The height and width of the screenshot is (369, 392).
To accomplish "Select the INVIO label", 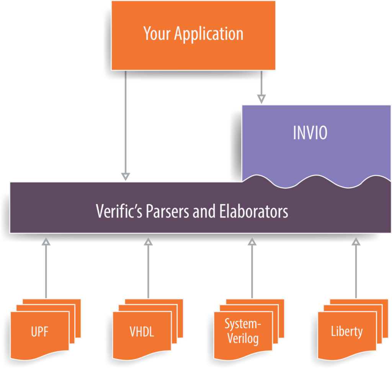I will [310, 133].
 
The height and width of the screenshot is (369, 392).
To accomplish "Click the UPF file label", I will [40, 332].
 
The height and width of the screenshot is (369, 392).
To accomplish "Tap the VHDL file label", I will [142, 332].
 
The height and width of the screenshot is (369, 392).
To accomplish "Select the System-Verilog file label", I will [243, 331].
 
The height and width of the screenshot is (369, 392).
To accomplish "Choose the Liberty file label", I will [346, 331].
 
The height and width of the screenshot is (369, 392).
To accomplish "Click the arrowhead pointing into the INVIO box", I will [261, 100].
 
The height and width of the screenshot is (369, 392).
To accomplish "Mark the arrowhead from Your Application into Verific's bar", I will [126, 177].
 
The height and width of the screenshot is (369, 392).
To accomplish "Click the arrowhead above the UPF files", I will [46, 242].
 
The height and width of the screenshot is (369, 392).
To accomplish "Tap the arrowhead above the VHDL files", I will [148, 242].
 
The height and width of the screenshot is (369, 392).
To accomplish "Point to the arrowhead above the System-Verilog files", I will [252, 242].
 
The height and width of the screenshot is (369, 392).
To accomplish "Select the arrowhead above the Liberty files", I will [356, 242].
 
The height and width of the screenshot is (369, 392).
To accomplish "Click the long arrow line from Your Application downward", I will [126, 123].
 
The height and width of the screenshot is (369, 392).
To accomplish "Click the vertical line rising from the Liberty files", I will [356, 272].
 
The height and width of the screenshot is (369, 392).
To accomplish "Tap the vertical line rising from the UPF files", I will [46, 272].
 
